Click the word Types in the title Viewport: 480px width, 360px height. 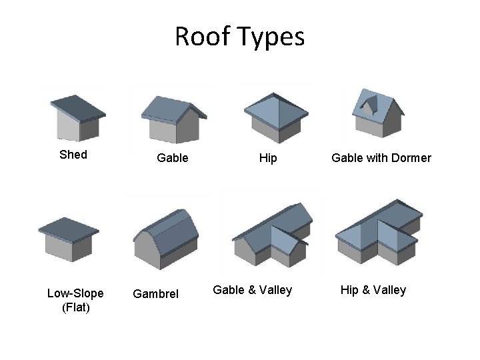(273, 38)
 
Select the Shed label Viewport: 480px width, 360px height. (73, 155)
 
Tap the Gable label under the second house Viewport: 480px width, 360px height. (172, 158)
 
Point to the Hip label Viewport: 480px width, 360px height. (268, 158)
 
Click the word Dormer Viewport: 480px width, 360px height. (408, 158)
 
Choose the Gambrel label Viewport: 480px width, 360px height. (156, 293)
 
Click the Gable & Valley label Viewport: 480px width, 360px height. (252, 290)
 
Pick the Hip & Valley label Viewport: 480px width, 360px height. (373, 290)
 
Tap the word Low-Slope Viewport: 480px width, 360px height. (75, 293)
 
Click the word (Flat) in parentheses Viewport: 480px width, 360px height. (75, 307)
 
